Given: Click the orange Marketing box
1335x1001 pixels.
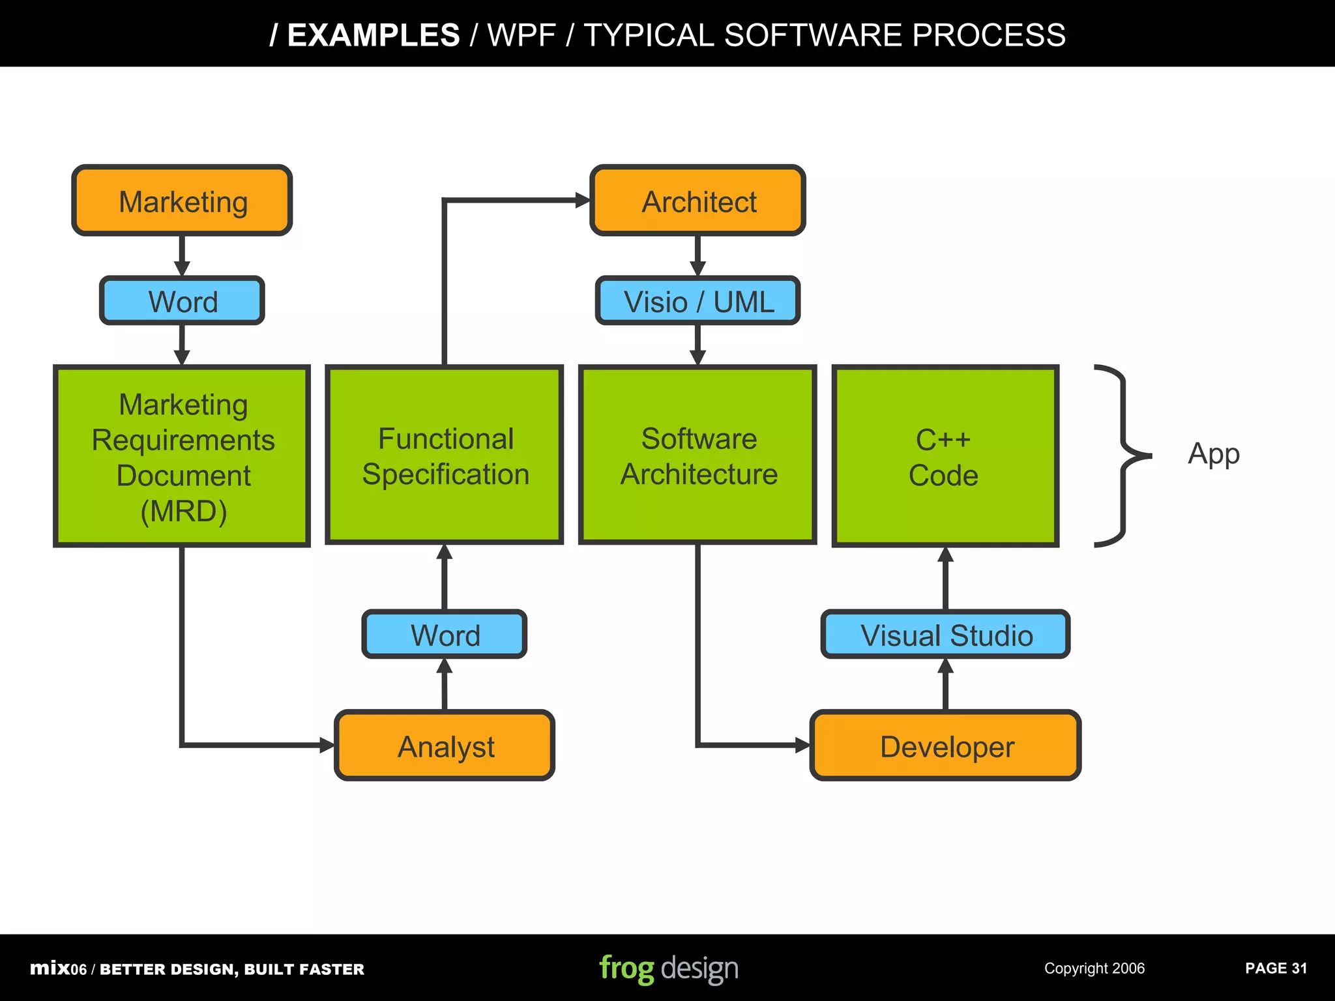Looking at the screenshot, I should point(182,201).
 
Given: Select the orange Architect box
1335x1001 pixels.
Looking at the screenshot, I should point(697,201).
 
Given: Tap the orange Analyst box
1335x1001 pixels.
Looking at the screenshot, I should point(445,746).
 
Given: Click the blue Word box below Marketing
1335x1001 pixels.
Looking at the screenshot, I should point(182,301).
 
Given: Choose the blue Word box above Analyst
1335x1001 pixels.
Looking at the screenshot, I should point(445,634).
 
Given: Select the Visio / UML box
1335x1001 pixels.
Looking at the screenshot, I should point(697,301).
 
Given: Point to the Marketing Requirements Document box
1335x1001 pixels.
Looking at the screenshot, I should point(182,456).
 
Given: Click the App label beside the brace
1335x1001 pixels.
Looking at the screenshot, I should point(1213,454).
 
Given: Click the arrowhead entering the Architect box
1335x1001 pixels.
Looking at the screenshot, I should point(582,201).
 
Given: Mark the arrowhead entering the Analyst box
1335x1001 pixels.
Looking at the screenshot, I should point(327,746).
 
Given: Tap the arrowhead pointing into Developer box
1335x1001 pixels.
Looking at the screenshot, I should point(802,746).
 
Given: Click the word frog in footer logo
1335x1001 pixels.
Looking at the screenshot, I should point(626,968).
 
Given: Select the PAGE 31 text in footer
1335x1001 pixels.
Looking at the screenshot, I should point(1276,968).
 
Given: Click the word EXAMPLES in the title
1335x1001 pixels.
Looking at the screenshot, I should point(374,35).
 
